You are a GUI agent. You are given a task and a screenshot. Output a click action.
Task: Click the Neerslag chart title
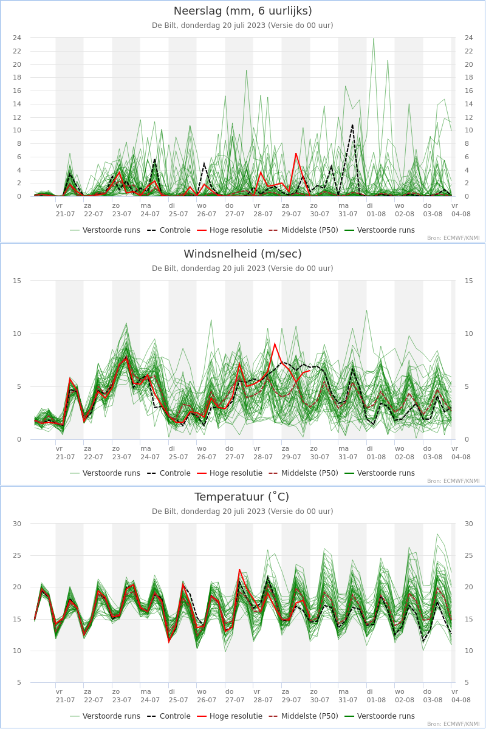[x=242, y=11]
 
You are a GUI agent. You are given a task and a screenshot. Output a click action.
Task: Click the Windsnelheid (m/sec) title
[x=242, y=254]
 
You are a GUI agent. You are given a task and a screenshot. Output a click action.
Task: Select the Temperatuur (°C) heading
[x=242, y=497]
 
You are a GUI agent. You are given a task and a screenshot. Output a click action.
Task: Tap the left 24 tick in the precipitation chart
[x=17, y=38]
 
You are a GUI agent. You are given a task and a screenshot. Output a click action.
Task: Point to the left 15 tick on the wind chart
[x=17, y=281]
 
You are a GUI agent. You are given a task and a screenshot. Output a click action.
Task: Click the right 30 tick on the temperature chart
[x=469, y=524]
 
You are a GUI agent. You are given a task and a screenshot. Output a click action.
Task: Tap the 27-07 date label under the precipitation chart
[x=234, y=214]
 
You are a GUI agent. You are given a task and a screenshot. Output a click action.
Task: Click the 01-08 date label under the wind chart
[x=376, y=457]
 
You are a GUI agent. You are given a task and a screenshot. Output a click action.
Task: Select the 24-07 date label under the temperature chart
[x=150, y=700]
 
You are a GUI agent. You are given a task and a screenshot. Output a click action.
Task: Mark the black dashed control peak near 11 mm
[x=352, y=125]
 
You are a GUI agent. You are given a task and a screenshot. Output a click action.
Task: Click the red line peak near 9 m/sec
[x=275, y=343]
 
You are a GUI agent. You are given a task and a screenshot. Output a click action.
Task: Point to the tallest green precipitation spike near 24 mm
[x=374, y=39]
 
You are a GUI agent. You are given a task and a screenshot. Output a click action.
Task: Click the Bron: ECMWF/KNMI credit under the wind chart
[x=453, y=481]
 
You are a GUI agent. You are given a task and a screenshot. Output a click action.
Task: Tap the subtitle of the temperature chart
[x=242, y=512]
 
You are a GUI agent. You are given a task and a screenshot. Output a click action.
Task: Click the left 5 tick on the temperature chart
[x=19, y=682]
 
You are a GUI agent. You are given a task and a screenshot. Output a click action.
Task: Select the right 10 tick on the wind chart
[x=469, y=334]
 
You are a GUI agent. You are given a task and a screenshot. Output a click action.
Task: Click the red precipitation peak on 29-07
[x=296, y=154]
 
